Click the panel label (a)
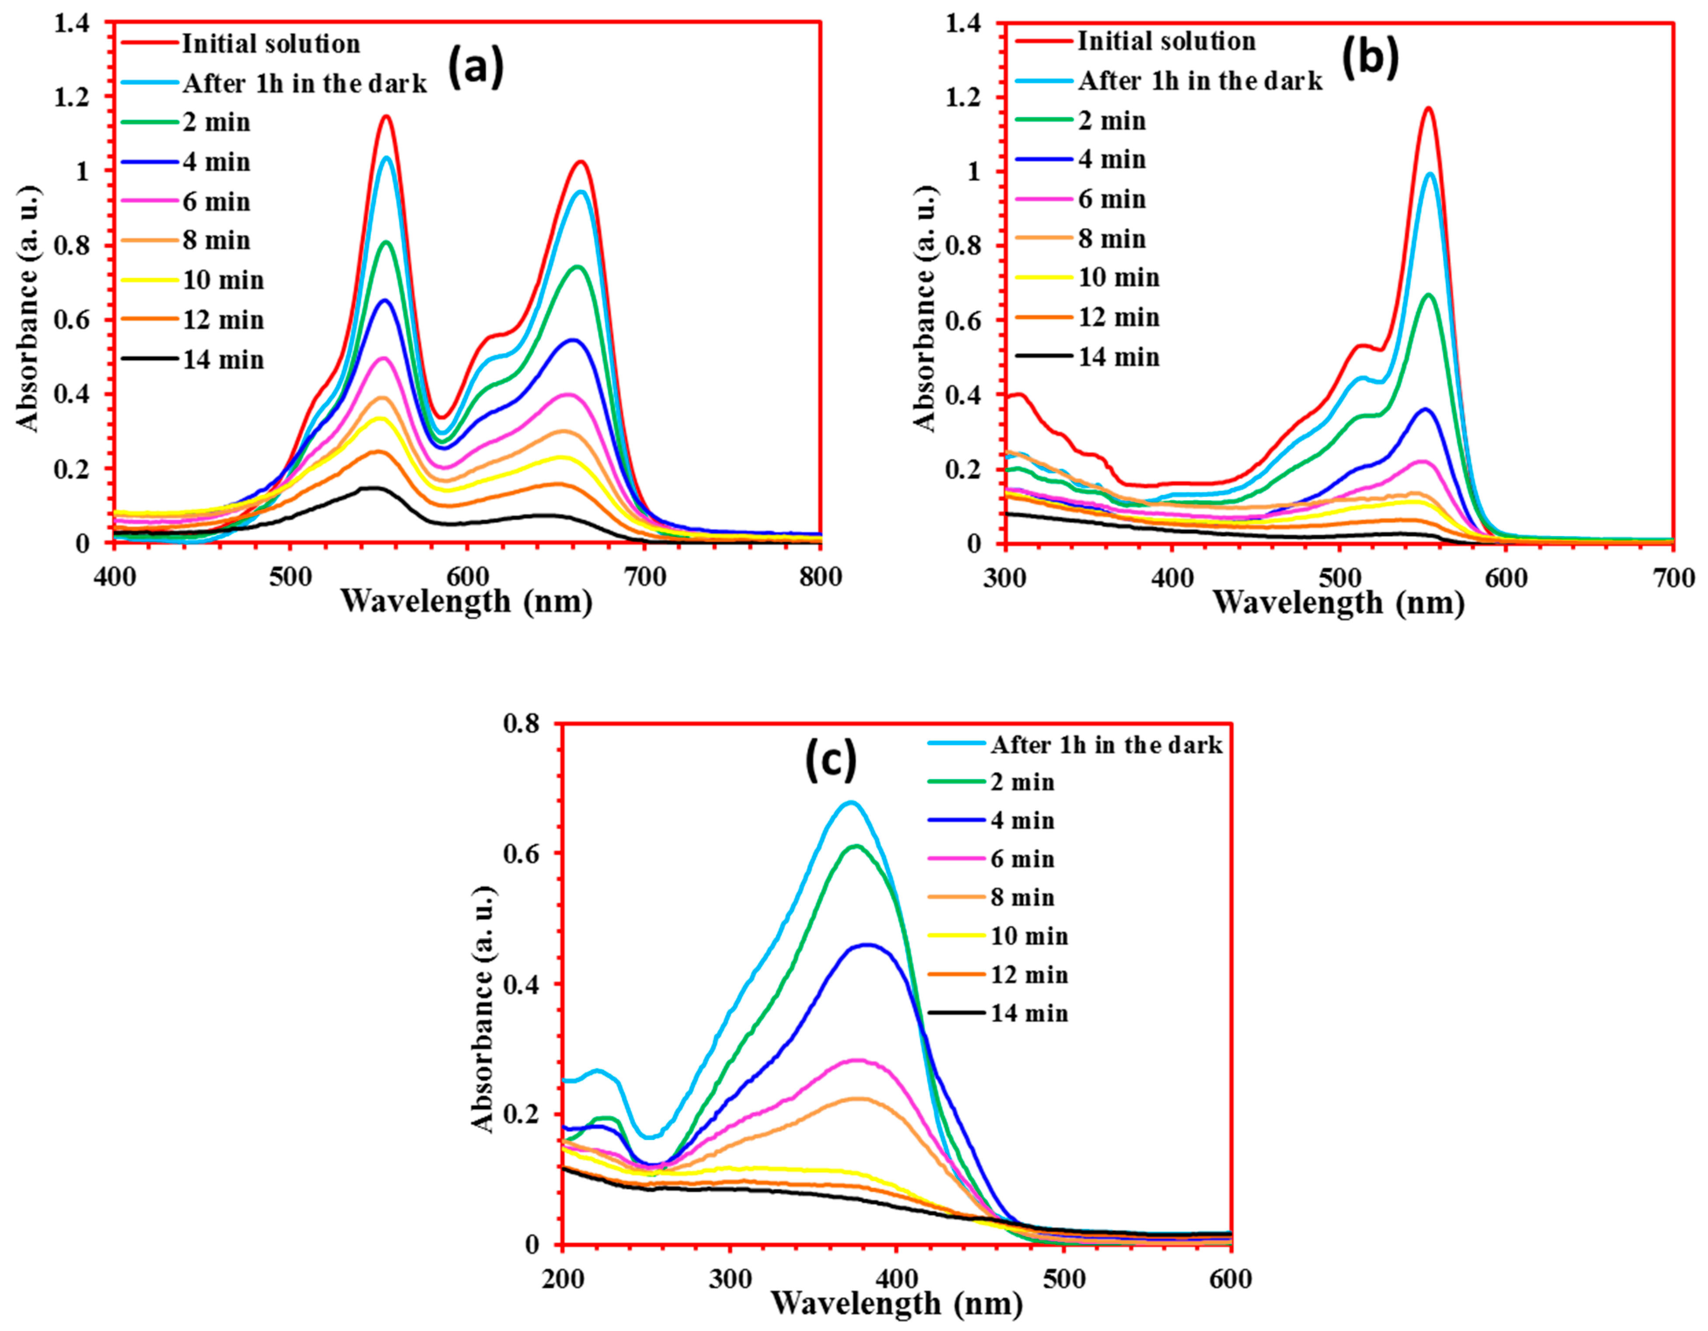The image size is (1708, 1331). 476,68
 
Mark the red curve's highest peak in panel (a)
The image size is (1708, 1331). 386,116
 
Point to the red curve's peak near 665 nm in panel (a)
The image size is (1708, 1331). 581,162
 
